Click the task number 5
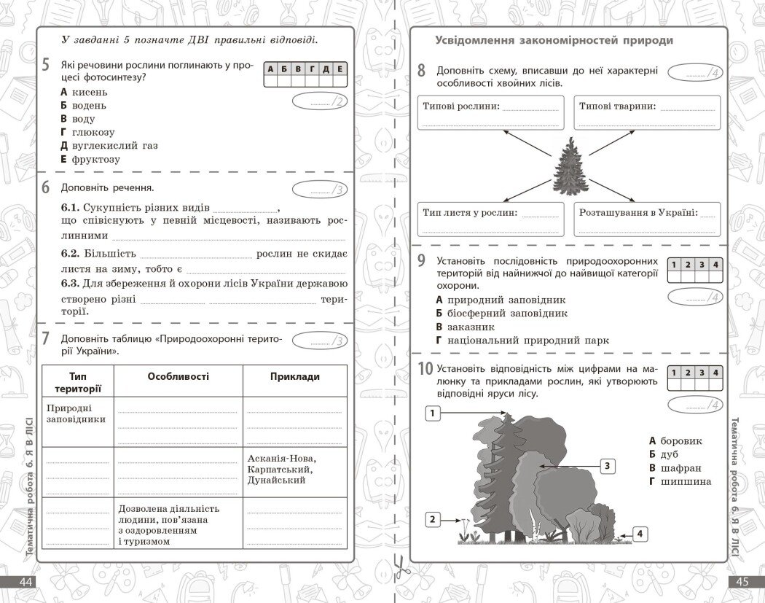[x=45, y=65]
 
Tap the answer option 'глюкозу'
[x=93, y=132]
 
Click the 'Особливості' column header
[x=178, y=376]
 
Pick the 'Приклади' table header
[x=294, y=376]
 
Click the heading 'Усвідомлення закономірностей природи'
[x=554, y=41]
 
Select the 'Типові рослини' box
[x=490, y=112]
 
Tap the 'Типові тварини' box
[x=646, y=112]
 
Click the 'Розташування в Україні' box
[x=646, y=219]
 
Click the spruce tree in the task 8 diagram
[x=570, y=167]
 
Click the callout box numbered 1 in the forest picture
[x=433, y=413]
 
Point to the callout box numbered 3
[x=608, y=466]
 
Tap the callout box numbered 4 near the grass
[x=640, y=534]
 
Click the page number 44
[x=26, y=582]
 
